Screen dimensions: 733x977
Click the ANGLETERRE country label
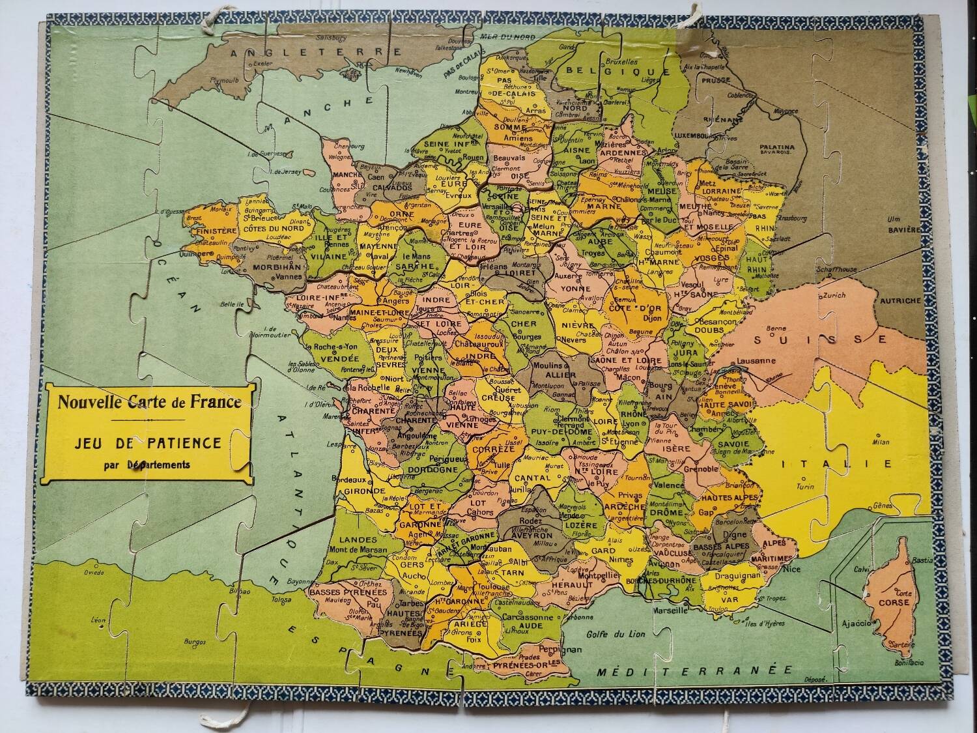coord(313,51)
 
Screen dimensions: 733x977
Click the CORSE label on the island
coord(894,603)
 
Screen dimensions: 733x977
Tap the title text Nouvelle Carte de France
coord(149,401)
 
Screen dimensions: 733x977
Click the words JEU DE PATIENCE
coord(148,443)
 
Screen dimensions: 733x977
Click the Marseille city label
coord(672,611)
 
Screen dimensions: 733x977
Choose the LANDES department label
coord(358,540)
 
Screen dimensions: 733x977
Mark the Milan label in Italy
coord(880,442)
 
